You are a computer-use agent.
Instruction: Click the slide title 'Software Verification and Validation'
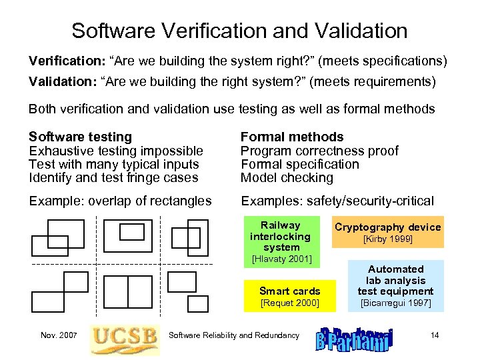[239, 31]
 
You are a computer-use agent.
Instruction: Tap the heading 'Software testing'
[80, 137]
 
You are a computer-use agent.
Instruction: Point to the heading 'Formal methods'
[291, 137]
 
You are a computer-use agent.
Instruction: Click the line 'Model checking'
[287, 178]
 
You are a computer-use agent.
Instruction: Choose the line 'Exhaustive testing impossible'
[115, 151]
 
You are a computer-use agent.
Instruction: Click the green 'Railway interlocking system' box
[281, 236]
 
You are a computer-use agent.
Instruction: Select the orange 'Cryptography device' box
[387, 227]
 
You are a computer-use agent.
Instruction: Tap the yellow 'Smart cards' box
[289, 291]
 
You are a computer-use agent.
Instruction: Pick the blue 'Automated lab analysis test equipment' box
[395, 279]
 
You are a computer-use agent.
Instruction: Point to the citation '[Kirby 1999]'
[387, 239]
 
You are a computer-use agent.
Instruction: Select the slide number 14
[435, 335]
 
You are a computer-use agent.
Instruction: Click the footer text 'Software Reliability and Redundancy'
[234, 335]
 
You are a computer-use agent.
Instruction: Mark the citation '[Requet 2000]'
[289, 303]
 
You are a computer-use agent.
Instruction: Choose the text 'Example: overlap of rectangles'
[120, 201]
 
